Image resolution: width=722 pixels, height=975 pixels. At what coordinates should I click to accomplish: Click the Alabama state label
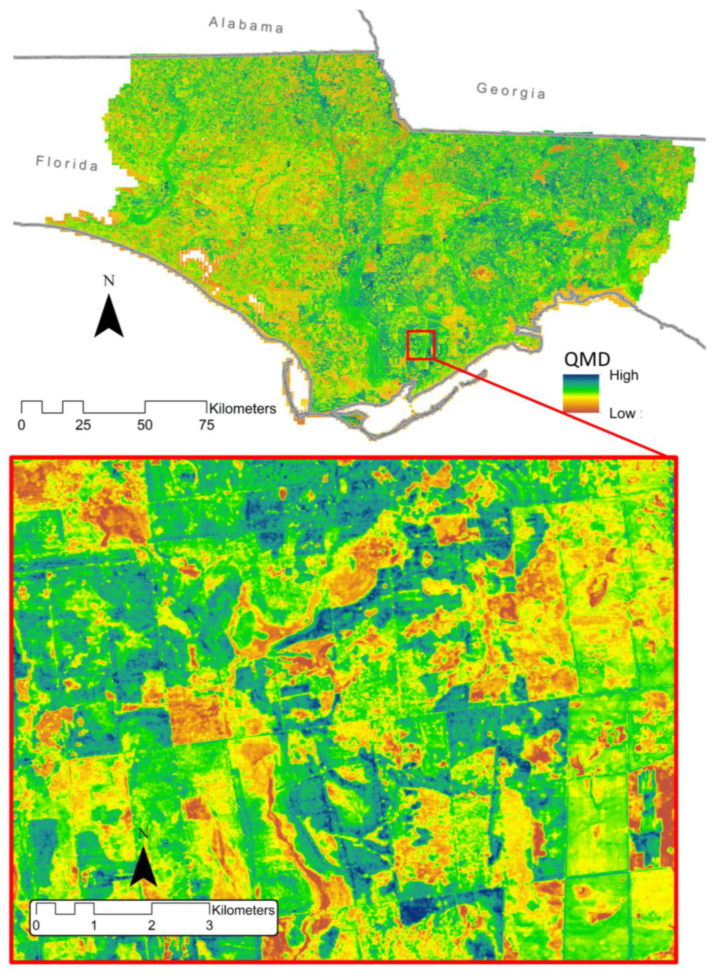point(246,25)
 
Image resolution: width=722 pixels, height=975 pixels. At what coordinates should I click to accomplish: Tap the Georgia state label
point(511,91)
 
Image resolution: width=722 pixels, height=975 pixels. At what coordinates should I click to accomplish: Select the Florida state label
point(67,164)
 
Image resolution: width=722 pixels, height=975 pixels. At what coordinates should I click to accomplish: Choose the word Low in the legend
point(622,414)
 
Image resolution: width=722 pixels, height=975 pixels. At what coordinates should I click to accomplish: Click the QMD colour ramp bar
point(581,394)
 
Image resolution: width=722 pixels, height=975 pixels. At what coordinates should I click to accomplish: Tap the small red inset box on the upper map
point(421,345)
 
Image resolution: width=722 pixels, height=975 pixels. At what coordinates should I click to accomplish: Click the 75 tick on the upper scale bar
point(207,424)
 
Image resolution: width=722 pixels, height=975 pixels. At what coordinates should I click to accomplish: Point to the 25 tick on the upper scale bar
point(83,424)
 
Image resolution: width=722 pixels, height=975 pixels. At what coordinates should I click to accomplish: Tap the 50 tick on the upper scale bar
point(145,424)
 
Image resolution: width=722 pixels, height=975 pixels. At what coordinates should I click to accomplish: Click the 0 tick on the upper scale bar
point(21,424)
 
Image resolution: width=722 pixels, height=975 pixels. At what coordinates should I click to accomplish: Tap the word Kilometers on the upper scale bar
point(243,409)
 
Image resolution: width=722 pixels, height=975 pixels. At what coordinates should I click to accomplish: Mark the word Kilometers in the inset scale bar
point(243,910)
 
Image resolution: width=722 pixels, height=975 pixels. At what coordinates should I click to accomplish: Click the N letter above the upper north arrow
point(109,281)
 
